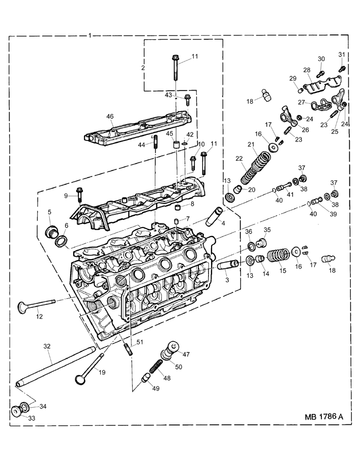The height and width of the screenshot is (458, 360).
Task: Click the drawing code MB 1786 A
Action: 324,416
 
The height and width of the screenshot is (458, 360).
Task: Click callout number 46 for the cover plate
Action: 110,117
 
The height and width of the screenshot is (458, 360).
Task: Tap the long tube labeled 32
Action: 56,366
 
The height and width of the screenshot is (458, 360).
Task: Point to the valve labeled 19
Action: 89,368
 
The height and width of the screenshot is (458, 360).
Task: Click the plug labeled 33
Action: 16,411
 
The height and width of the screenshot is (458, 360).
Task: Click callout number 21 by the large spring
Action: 251,145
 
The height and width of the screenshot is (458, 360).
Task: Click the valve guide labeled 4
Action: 214,216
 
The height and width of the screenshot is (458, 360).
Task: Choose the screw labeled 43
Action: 187,100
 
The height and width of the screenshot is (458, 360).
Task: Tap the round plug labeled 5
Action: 51,231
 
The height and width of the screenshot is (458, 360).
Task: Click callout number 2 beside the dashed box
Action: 143,68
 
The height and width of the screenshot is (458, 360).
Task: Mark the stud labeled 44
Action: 156,141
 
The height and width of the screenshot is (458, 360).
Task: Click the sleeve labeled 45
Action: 176,145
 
